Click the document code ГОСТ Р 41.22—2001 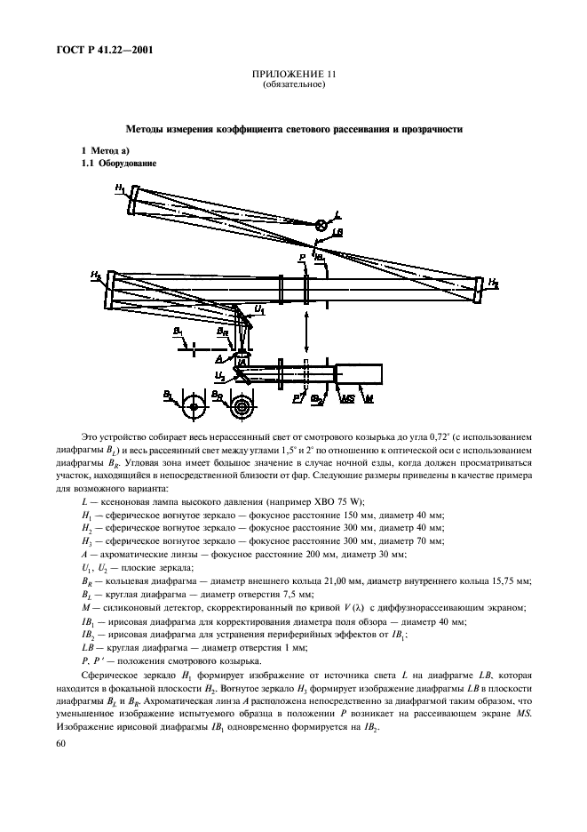click(103, 50)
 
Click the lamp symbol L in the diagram click(321, 225)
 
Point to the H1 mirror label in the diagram click(119, 188)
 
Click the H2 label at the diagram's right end click(492, 284)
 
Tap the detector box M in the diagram click(358, 374)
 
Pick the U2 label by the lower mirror click(218, 376)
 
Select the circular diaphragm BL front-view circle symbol click(192, 409)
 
